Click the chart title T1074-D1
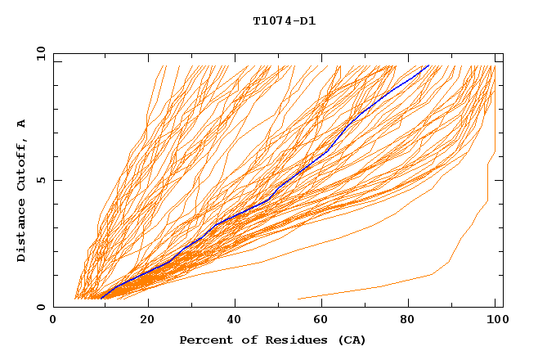coord(284,21)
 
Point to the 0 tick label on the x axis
coord(53,320)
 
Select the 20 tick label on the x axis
coord(147,320)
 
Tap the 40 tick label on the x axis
coord(236,320)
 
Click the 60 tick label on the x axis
coord(325,320)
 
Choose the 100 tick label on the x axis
coord(495,320)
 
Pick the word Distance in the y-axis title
coord(21,232)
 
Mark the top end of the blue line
coord(428,65)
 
